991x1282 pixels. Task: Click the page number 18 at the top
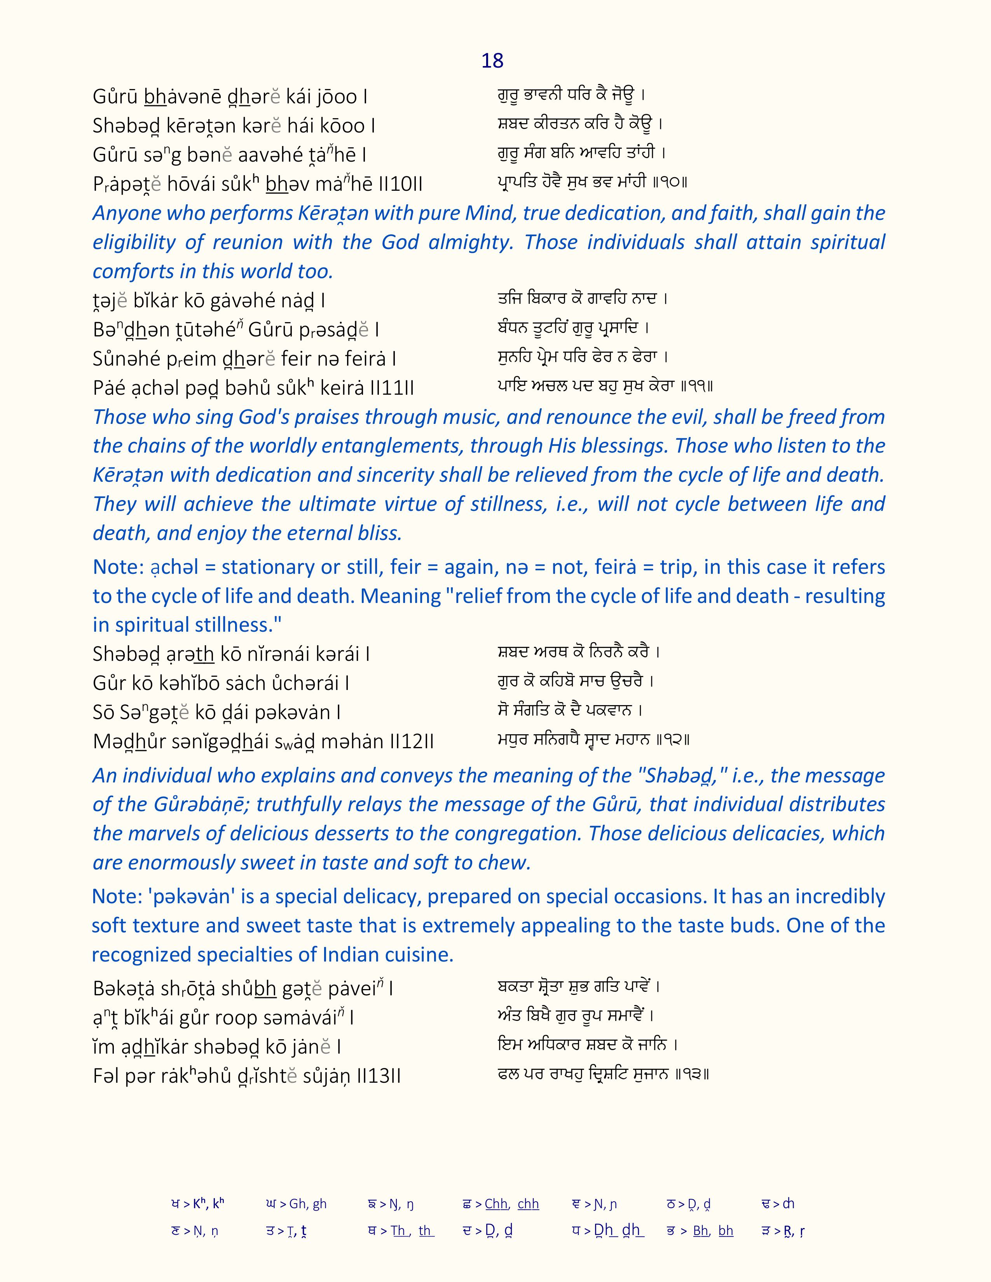[x=492, y=61]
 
